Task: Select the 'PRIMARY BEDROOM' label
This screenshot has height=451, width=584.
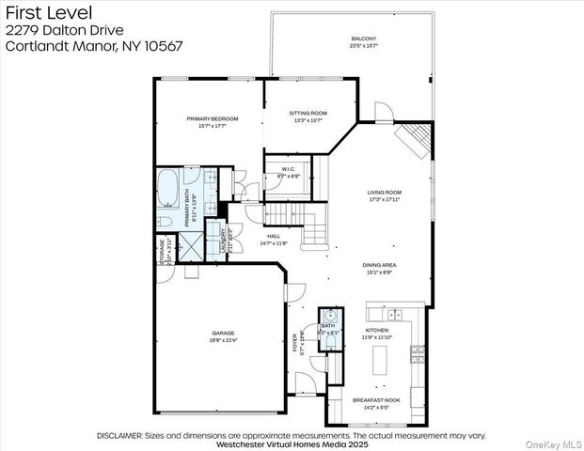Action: click(212, 119)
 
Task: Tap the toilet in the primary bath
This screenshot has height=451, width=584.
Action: click(165, 221)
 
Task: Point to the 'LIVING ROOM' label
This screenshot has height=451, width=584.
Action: click(385, 194)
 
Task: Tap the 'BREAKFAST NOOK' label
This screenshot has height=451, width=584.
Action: click(376, 400)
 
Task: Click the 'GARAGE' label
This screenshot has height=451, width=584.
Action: click(222, 334)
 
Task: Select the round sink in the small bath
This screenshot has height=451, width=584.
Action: click(330, 316)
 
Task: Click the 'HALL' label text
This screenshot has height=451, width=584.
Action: click(274, 237)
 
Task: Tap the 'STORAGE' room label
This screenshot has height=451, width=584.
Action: click(163, 252)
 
